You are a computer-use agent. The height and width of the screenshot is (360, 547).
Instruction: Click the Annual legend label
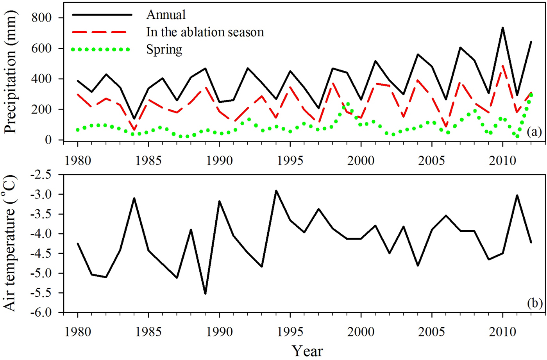(166, 14)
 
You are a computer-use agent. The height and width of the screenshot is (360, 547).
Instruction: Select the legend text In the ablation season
(205, 32)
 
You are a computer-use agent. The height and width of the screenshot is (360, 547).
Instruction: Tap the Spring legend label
(164, 50)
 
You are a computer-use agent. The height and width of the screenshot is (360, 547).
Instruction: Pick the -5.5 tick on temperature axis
(43, 293)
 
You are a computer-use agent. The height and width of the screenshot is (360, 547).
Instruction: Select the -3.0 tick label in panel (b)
(43, 194)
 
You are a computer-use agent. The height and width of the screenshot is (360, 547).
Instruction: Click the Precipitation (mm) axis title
(11, 72)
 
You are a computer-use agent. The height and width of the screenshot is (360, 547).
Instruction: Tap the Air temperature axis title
(11, 244)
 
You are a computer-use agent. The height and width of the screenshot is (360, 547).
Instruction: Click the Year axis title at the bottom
(307, 351)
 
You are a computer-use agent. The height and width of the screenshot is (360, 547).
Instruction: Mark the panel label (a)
(534, 132)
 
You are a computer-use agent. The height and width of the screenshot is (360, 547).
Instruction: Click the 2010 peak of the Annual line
(502, 28)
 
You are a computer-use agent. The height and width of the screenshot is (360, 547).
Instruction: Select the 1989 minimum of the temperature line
(205, 294)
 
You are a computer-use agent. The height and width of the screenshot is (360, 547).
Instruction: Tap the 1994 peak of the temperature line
(276, 191)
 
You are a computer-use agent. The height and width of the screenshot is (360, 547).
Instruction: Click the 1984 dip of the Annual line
(134, 118)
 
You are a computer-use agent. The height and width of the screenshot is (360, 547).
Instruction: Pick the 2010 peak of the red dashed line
(502, 66)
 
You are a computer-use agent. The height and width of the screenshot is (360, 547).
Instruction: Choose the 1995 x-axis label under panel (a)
(290, 161)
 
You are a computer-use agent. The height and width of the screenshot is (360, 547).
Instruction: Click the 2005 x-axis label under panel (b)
(431, 332)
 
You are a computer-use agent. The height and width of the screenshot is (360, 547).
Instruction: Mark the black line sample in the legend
(102, 15)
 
